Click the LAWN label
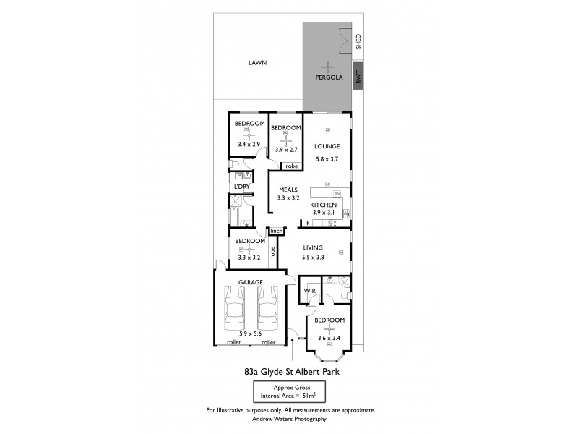pyautogui.click(x=257, y=63)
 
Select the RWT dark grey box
pyautogui.click(x=357, y=75)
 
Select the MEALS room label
pyautogui.click(x=289, y=188)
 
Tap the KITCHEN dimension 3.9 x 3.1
pyautogui.click(x=324, y=213)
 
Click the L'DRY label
pyautogui.click(x=241, y=187)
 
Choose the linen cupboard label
pyautogui.click(x=276, y=231)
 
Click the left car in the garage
pyautogui.click(x=235, y=307)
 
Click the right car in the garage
pyautogui.click(x=267, y=307)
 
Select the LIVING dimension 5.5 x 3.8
pyautogui.click(x=313, y=258)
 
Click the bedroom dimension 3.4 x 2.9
pyautogui.click(x=249, y=145)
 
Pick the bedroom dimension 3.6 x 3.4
pyautogui.click(x=329, y=338)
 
